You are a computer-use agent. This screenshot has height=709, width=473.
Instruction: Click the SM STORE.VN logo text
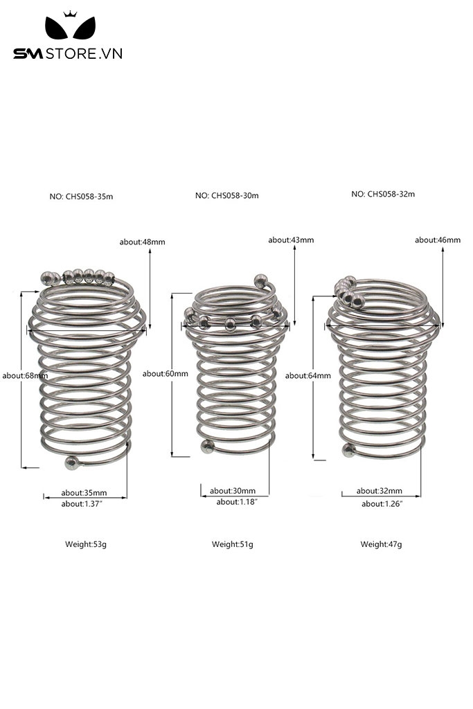click(68, 53)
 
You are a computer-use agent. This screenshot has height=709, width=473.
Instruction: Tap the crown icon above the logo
click(70, 14)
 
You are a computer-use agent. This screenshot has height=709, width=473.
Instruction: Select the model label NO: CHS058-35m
click(82, 196)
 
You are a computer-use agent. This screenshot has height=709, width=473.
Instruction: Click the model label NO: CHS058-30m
click(227, 195)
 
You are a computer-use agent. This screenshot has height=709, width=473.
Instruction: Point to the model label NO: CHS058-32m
click(383, 194)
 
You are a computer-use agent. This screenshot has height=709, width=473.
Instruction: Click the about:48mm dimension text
click(143, 242)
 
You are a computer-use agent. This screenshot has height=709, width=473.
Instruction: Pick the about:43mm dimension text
click(291, 240)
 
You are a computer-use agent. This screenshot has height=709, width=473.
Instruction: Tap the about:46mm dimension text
click(438, 240)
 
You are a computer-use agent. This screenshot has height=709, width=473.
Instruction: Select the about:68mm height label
click(25, 375)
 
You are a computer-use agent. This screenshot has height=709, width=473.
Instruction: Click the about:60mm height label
click(165, 373)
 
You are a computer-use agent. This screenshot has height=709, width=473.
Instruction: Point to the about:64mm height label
click(307, 375)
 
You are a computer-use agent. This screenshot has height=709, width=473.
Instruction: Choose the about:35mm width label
click(84, 493)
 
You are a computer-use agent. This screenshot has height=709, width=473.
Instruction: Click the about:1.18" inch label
click(237, 502)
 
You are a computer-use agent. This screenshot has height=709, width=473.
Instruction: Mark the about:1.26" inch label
click(382, 504)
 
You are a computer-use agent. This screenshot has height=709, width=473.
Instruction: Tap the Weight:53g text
click(86, 544)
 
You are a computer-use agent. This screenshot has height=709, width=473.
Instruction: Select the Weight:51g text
click(233, 544)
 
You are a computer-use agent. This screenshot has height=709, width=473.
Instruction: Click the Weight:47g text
click(381, 544)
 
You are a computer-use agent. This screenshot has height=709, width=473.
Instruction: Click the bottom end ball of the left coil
click(71, 463)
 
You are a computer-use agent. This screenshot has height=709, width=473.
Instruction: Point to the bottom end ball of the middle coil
click(207, 447)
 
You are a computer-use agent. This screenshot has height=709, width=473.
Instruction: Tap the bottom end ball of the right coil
click(348, 450)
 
